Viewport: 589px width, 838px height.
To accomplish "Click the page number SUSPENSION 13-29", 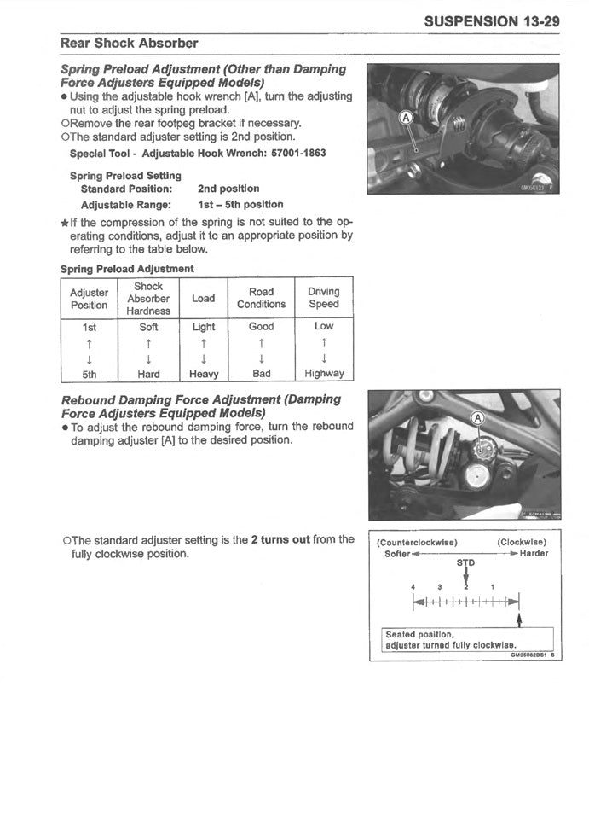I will tap(491, 21).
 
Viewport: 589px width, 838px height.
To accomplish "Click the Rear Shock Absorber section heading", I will tap(129, 43).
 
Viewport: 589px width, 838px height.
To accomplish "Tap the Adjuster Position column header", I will tap(89, 299).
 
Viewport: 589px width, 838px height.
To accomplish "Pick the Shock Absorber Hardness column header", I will tap(148, 299).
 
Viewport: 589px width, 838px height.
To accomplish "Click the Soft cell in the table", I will tap(148, 327).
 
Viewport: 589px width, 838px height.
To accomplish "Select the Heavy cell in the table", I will tap(204, 374).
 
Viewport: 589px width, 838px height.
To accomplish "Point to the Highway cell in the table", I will tap(324, 374).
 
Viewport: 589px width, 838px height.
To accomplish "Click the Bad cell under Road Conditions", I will tap(262, 374).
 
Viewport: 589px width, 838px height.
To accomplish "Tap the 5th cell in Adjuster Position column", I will tap(89, 374).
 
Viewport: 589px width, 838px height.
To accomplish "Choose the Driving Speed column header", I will tap(324, 298).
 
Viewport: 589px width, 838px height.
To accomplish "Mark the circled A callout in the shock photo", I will tap(477, 418).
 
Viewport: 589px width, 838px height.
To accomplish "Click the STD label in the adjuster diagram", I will tap(466, 562).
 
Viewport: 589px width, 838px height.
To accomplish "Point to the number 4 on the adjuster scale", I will tap(413, 587).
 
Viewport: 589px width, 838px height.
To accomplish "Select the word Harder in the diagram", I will tap(534, 553).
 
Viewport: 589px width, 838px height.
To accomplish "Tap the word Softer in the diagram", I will tap(397, 553).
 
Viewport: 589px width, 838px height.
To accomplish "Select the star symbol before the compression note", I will tap(65, 223).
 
